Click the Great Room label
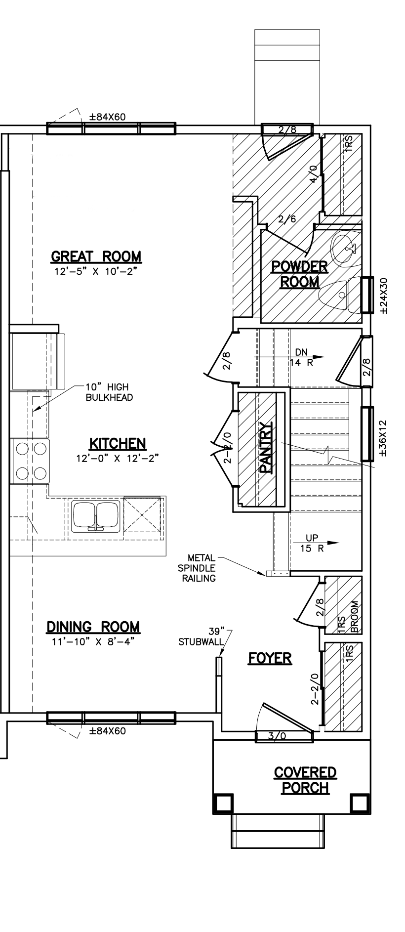(96, 257)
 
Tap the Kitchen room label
(117, 443)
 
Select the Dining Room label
(93, 627)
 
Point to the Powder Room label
(300, 274)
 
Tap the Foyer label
(270, 658)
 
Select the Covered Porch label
(305, 780)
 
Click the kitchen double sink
(96, 516)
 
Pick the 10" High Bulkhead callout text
(109, 392)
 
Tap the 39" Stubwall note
(201, 637)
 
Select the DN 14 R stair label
(301, 357)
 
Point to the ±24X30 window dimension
(385, 296)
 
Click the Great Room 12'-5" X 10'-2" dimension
(96, 271)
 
